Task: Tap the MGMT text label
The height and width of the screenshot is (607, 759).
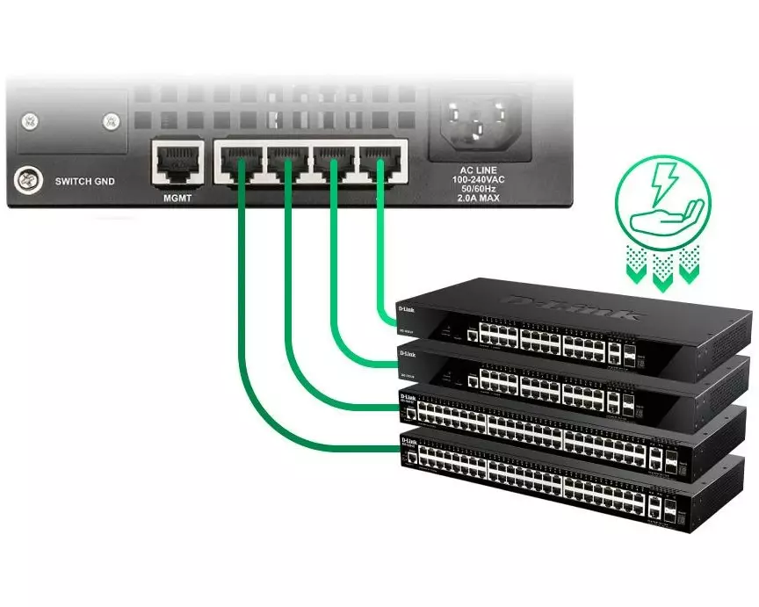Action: click(x=177, y=197)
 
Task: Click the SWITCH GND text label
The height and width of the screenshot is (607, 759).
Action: click(x=85, y=183)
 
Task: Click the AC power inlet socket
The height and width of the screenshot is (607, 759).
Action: click(x=480, y=119)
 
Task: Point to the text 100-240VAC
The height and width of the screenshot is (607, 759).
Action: click(x=480, y=179)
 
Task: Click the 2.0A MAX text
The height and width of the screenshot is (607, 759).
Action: click(x=480, y=199)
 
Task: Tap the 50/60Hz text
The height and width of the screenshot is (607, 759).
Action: click(x=480, y=190)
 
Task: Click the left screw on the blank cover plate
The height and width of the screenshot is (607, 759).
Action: click(x=31, y=119)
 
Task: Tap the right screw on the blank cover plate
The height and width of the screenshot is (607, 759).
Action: click(x=110, y=119)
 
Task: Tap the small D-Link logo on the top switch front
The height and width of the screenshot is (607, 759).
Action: click(x=407, y=309)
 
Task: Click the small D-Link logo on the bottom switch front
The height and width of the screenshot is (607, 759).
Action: click(x=408, y=439)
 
